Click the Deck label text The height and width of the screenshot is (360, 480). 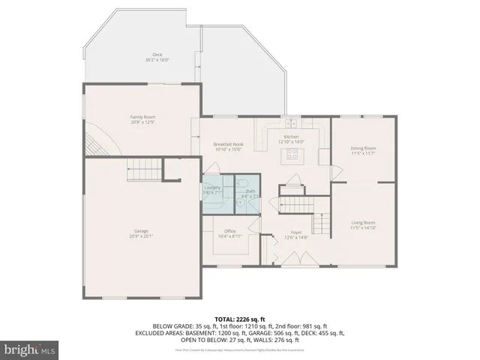157,55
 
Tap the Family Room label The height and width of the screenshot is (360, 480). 142,117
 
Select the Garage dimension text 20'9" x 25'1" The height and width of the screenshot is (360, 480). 142,235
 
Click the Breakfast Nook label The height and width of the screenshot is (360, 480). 227,144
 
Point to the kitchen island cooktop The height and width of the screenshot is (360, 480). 291,155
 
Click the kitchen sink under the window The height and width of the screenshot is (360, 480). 290,123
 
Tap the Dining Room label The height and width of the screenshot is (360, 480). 363,148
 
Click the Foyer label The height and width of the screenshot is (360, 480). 296,233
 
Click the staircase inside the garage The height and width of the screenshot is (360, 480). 142,169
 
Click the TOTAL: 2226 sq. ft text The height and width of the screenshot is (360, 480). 239,319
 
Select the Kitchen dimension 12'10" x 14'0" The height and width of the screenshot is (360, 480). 291,141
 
